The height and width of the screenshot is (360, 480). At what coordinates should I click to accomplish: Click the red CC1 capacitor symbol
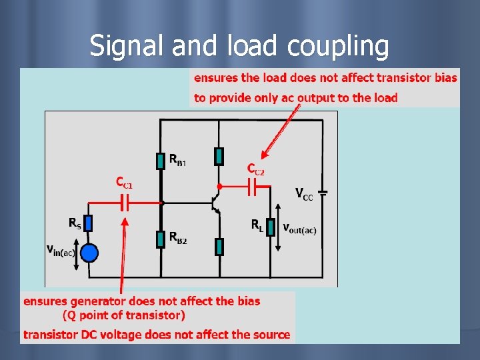(x=124, y=201)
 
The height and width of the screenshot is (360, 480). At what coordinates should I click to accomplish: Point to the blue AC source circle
(x=89, y=253)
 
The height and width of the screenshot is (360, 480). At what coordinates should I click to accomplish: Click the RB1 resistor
(x=161, y=161)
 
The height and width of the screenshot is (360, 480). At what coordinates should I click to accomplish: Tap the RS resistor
(x=89, y=223)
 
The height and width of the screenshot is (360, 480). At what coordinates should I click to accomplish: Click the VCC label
(x=304, y=194)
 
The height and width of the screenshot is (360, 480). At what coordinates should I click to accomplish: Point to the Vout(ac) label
(x=300, y=229)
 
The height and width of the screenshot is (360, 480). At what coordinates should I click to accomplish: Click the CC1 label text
(x=124, y=181)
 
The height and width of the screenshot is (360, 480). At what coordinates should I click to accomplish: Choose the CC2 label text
(x=256, y=169)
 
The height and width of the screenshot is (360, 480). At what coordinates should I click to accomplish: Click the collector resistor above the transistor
(x=219, y=156)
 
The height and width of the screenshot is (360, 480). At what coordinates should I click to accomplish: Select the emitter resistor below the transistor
(x=219, y=247)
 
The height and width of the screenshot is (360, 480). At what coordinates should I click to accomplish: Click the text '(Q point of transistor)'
(x=124, y=315)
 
